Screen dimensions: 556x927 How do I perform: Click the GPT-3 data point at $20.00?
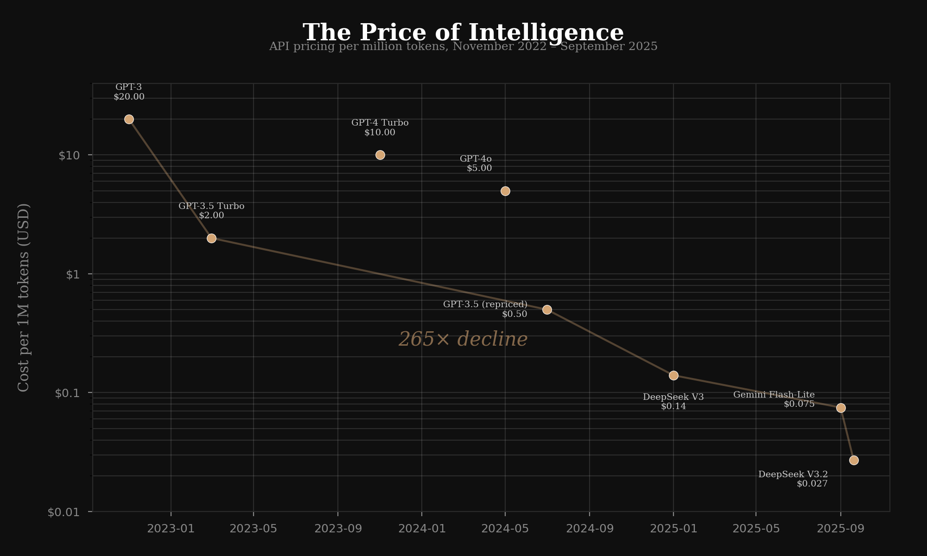(129, 119)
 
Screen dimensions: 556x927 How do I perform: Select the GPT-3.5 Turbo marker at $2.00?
(211, 238)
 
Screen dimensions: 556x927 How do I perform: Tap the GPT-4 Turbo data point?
(380, 155)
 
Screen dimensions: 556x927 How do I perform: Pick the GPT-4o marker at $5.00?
(505, 191)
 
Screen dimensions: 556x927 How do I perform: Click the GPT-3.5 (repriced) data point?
(547, 310)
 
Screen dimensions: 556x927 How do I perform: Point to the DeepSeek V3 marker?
(673, 375)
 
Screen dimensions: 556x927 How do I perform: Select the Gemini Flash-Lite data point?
(841, 408)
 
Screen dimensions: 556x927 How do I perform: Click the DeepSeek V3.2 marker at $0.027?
(854, 460)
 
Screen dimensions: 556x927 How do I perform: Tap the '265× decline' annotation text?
(463, 339)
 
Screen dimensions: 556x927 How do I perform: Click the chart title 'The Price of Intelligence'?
(463, 32)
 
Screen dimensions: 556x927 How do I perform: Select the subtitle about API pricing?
(463, 46)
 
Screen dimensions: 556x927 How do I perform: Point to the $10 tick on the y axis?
(69, 155)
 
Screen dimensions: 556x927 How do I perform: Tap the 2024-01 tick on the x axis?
(422, 529)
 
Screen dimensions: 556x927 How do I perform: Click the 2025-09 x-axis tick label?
(841, 529)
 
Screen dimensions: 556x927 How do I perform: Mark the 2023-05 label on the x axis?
(254, 529)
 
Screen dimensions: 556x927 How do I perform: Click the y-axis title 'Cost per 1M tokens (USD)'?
(23, 297)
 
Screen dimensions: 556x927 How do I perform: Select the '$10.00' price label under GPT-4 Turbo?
(380, 133)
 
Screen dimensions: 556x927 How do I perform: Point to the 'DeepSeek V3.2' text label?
(793, 474)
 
